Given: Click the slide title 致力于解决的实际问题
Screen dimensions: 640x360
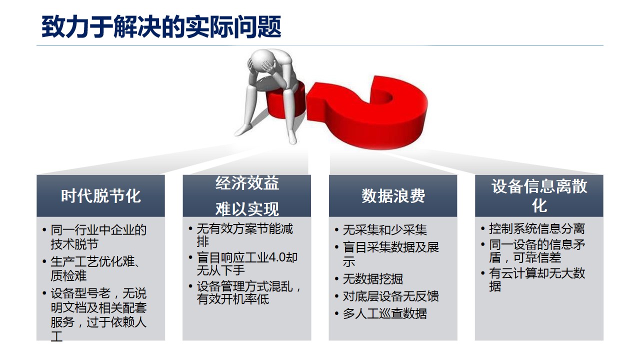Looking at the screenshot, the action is coord(161,27).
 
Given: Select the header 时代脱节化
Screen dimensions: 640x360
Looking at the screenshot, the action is coord(101,196).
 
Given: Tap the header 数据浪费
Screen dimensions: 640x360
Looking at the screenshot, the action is coord(393,196).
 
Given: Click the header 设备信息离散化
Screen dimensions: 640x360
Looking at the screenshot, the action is coord(539,195).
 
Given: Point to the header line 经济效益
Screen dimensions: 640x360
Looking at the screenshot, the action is coord(247,183).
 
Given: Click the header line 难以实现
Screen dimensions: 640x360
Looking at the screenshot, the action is coord(247,209).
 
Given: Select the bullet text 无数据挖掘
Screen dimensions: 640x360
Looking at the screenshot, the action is coord(373,279).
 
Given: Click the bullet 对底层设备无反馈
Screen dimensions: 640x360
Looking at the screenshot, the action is coord(391,296).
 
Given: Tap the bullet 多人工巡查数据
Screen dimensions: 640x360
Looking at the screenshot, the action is coord(385,313).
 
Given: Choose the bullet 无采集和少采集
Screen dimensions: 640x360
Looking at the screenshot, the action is coord(385,229).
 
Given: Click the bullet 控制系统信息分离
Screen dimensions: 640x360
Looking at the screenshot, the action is coord(537,228).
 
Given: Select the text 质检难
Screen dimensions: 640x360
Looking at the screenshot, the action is coord(68,276).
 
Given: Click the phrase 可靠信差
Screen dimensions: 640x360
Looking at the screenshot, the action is coord(537,257).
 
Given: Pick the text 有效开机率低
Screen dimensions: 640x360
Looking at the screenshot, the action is coord(233,299).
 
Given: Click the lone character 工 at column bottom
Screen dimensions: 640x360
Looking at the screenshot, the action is coord(56,336).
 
